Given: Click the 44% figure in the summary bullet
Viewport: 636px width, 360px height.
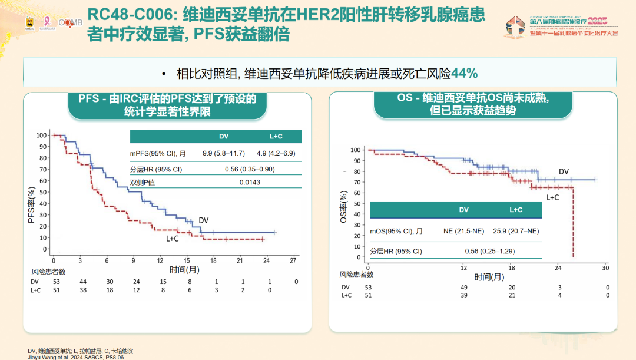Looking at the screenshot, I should click(x=464, y=74).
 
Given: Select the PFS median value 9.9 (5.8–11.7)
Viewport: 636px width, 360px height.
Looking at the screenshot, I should click(x=224, y=153).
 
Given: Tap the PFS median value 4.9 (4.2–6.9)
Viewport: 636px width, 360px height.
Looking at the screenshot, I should click(x=276, y=153).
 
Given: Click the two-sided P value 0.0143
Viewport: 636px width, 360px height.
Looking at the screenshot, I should click(x=250, y=183).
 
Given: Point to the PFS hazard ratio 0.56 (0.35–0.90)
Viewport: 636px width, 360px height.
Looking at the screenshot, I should click(x=250, y=169).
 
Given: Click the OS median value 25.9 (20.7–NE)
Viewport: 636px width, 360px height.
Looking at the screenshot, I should click(x=515, y=231).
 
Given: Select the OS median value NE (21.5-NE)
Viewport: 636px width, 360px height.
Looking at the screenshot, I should click(x=463, y=231).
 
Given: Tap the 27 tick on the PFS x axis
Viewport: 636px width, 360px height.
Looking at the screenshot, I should click(x=293, y=260).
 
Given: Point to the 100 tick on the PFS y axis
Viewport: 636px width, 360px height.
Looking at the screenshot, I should click(x=41, y=136).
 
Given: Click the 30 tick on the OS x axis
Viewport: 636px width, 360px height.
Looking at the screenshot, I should click(x=605, y=267).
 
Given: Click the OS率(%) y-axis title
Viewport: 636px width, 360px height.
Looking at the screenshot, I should click(x=343, y=206).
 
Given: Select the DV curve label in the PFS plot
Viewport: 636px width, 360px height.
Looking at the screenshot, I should click(x=203, y=220).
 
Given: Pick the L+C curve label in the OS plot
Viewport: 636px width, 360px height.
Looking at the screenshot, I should click(x=552, y=197).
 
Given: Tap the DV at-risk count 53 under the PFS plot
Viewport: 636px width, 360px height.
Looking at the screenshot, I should click(x=57, y=282).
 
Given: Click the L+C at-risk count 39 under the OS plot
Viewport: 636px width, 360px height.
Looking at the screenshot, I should click(x=463, y=295).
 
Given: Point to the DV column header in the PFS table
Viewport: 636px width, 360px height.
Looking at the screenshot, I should click(x=224, y=136).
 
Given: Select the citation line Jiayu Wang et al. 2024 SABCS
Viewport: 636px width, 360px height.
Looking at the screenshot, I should click(x=76, y=356).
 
